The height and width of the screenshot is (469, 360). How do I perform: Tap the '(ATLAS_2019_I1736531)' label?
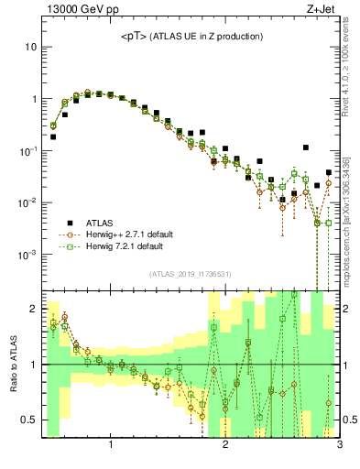(190, 274)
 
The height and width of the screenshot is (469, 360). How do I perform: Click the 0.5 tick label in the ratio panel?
(28, 420)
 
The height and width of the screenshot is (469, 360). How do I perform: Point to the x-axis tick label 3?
(340, 446)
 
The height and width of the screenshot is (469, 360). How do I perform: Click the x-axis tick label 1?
(111, 446)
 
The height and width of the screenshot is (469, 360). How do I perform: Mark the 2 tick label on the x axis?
(225, 446)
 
